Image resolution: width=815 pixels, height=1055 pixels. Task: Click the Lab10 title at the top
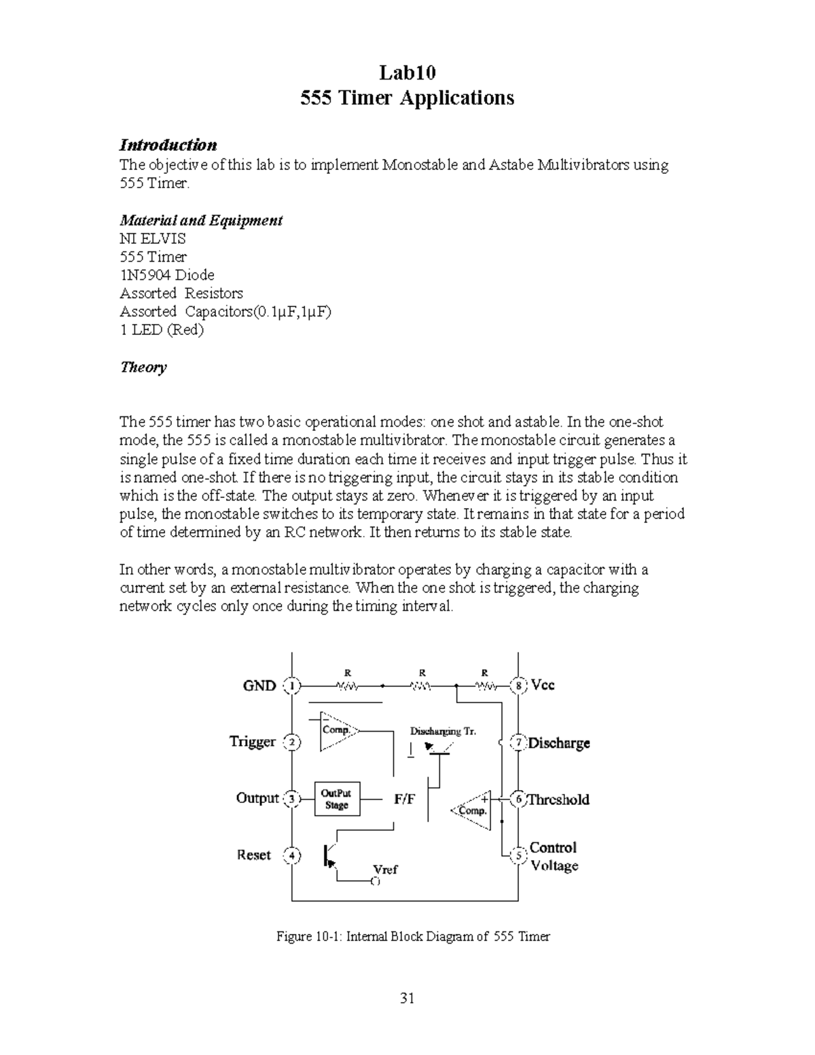coord(407,72)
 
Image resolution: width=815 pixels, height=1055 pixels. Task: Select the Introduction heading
coord(168,145)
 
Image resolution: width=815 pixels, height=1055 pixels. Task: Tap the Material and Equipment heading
coord(201,220)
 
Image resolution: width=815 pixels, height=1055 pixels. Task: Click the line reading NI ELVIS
coord(152,238)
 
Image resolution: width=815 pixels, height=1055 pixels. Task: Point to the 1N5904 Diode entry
coord(166,275)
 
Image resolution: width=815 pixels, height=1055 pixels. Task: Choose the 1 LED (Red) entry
coord(162,330)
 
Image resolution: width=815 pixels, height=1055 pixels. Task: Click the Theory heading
coord(143,368)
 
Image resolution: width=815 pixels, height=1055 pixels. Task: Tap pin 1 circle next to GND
coord(292,686)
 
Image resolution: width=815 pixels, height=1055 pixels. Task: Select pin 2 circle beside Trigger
coord(292,742)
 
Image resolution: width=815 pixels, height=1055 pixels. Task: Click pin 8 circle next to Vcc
coord(518,685)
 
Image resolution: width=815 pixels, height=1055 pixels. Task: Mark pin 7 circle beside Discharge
coord(518,743)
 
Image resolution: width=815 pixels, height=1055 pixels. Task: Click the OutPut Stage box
coord(336,799)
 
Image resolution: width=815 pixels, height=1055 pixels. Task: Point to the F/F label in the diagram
coord(405,800)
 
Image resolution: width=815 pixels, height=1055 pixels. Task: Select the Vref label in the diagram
coord(385,870)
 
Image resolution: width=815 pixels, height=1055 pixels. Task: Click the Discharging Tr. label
coord(443,732)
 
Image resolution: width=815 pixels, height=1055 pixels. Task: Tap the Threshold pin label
coord(558,800)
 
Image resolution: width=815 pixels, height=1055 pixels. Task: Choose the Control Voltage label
coord(554,857)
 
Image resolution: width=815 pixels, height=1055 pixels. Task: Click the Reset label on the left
coord(254,855)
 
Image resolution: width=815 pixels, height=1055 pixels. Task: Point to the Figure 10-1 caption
coord(413,937)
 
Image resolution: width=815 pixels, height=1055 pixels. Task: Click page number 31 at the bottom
coord(407,998)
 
